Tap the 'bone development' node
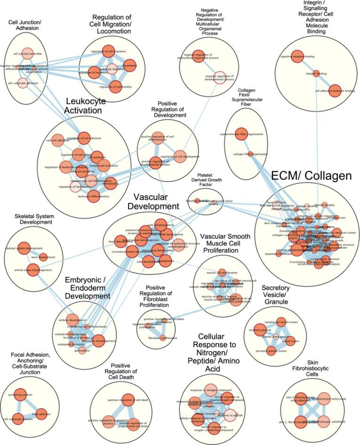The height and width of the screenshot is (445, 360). tap(43, 257)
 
